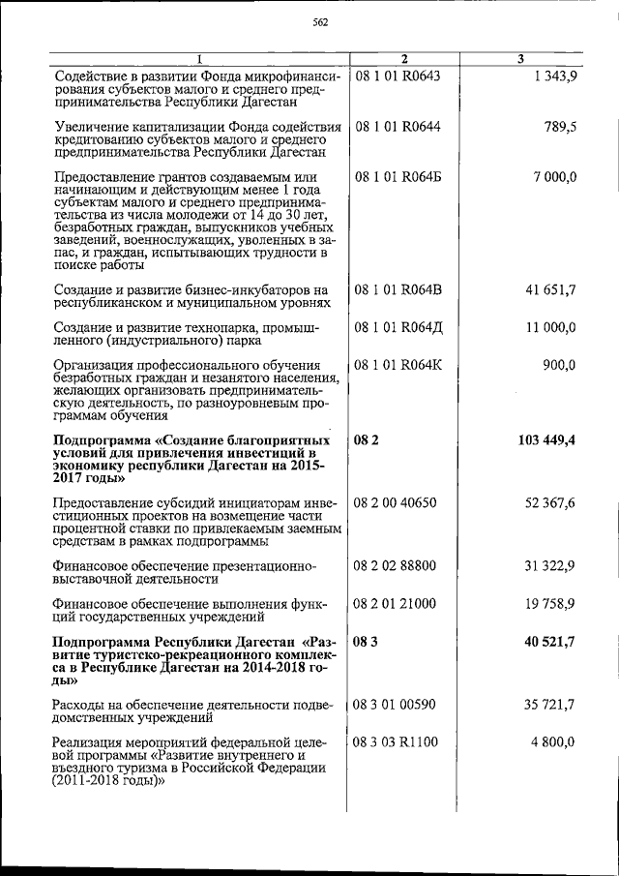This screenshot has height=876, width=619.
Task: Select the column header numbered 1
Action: point(197,60)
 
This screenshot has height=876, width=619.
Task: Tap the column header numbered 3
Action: point(520,60)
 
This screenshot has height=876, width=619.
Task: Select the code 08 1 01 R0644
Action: point(398,126)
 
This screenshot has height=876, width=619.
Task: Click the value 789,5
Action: point(561,126)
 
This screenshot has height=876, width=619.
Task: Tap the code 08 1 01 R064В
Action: point(398,289)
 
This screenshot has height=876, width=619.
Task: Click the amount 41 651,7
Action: point(551,289)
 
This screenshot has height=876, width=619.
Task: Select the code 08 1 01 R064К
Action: point(398,365)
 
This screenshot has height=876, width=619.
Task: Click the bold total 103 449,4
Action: point(546,440)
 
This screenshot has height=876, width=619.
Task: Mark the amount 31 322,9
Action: point(551,565)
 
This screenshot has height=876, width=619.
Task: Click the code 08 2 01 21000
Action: point(397,604)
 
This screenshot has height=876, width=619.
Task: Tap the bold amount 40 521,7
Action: point(550,641)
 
